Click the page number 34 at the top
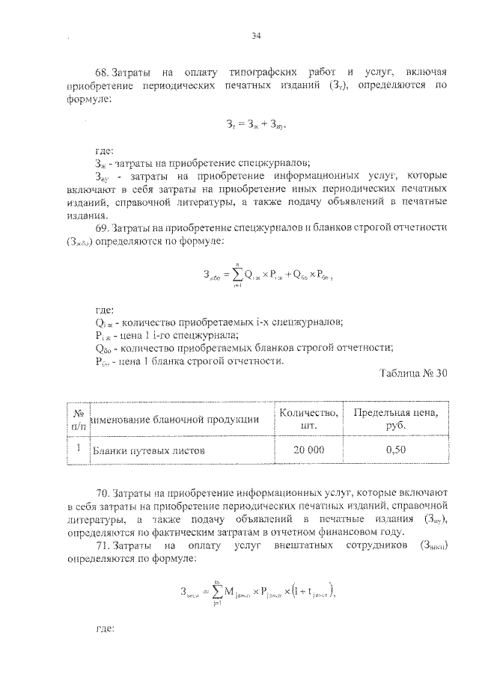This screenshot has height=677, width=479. tap(256, 35)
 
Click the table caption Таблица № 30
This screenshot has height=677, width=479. tap(413, 374)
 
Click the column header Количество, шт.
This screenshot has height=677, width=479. tap(308, 419)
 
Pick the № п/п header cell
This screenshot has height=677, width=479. tap(78, 419)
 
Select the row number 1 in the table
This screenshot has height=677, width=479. tap(78, 450)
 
